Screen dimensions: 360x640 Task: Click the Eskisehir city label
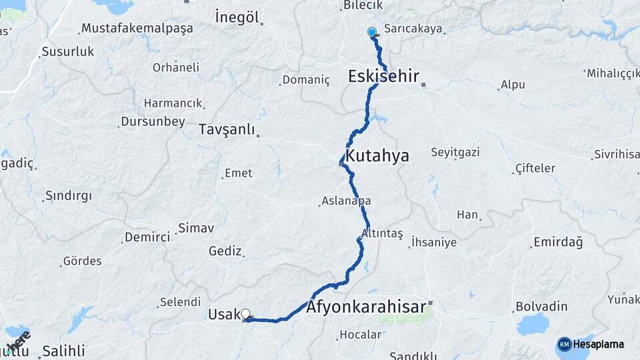[x=383, y=76]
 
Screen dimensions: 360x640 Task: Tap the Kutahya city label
[x=378, y=156]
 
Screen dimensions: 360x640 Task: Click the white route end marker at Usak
[x=245, y=314]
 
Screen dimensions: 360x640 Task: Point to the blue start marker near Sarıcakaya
[x=372, y=32]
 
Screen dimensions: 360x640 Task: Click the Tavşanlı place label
[x=227, y=129]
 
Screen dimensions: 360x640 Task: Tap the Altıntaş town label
[x=382, y=233]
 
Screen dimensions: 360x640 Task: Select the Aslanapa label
[x=346, y=201]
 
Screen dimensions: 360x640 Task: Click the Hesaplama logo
[x=591, y=344]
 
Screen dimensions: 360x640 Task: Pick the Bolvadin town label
[x=541, y=307]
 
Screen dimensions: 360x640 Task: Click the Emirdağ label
[x=558, y=242]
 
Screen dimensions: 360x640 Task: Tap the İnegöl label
[x=237, y=17]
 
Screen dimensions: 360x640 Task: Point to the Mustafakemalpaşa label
[x=137, y=28]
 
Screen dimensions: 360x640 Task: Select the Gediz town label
[x=225, y=251]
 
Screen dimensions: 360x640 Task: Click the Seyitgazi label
[x=455, y=152]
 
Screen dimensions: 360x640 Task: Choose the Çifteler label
[x=535, y=168]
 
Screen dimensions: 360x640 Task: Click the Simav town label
[x=195, y=228]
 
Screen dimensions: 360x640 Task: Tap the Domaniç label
[x=306, y=80]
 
